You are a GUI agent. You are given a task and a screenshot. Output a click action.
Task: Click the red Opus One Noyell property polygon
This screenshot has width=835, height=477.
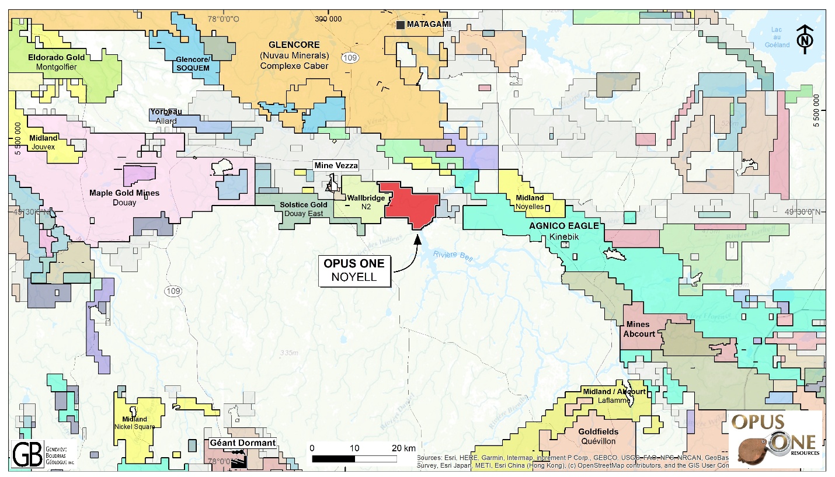coord(409,204)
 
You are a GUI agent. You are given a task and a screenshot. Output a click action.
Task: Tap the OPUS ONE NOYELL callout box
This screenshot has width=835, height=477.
coord(354,270)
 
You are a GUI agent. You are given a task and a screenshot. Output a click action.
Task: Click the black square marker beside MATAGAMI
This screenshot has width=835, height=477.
coord(401,25)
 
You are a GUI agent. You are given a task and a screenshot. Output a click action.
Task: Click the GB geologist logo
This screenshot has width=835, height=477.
coord(27,454)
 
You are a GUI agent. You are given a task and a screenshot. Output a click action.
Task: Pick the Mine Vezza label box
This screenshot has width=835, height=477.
coord(336,166)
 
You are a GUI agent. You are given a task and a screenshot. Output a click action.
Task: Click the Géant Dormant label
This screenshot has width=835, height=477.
coord(242,443)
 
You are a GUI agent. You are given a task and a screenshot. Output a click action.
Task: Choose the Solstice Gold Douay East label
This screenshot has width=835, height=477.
coord(303,208)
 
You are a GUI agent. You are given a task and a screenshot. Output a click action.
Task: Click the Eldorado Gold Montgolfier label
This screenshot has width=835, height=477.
coord(56,62)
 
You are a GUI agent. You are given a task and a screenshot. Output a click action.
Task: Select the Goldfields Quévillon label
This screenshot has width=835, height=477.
coord(599,436)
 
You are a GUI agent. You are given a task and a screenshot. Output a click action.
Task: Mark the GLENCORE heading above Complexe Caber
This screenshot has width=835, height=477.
coord(295,44)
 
